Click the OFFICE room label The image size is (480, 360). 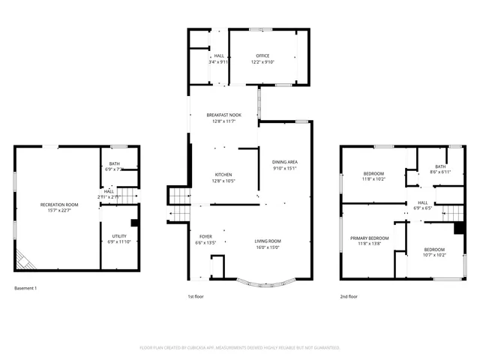262,55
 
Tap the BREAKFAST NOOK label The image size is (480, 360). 224,115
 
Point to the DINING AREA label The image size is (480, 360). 285,162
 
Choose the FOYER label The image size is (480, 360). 205,237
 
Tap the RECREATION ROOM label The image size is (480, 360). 60,205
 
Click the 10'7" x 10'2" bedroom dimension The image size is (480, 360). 434,255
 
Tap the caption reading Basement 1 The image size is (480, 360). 25,289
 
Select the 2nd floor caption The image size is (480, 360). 349,297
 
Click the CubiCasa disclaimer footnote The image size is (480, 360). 240,348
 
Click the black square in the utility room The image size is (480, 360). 133,223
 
